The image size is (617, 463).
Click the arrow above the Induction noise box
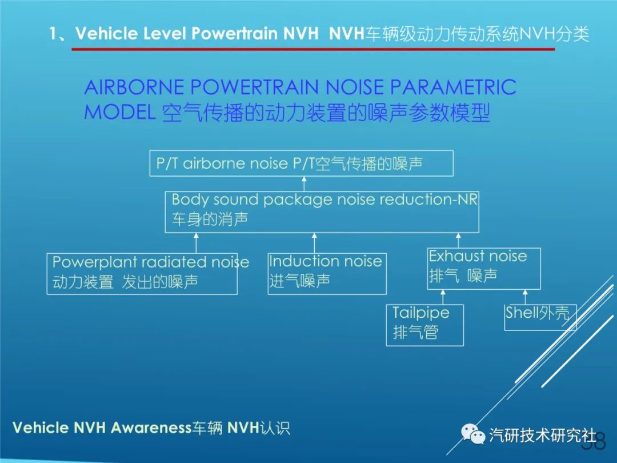coord(314,243)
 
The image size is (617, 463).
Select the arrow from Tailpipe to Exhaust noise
coord(443,297)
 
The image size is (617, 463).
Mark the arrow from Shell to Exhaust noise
coord(525,297)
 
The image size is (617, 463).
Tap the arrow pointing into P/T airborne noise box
coord(304,184)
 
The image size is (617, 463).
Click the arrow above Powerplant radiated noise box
coord(196,243)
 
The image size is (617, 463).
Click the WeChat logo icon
coord(472,434)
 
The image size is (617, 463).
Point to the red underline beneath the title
coord(313,49)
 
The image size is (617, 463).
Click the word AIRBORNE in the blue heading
coord(134,87)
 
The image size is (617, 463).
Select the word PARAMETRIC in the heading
coord(453,87)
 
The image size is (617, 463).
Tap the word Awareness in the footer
coord(151,428)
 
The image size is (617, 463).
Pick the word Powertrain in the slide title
coord(234,34)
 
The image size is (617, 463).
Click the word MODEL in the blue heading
coord(119,112)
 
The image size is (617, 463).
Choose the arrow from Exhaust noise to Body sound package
coord(458,241)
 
